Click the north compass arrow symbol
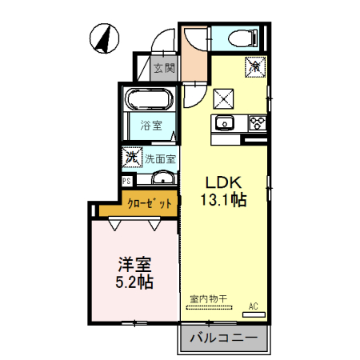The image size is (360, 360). [x=102, y=38]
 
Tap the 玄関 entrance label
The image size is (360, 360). [x=165, y=68]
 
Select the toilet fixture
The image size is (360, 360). [x=241, y=37]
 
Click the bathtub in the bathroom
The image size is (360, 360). [x=149, y=102]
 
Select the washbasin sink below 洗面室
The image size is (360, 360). [x=162, y=178]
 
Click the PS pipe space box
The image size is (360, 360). [x=126, y=182]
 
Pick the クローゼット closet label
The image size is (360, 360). [x=150, y=204]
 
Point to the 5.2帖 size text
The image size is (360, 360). [x=135, y=283]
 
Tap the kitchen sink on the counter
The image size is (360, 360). [x=224, y=123]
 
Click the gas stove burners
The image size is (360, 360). [x=258, y=122]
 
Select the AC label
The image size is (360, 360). [x=253, y=306]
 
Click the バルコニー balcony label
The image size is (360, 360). [x=224, y=338]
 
